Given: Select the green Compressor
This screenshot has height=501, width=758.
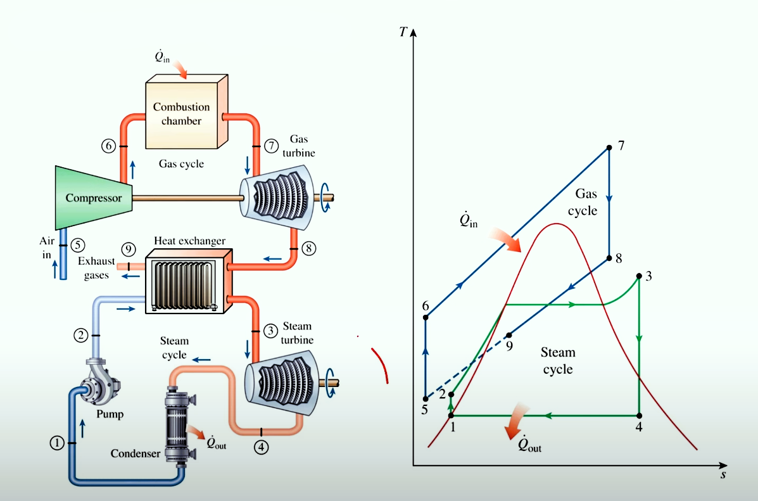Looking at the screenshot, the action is click(94, 198).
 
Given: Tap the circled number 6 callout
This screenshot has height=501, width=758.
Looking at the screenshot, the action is click(109, 146).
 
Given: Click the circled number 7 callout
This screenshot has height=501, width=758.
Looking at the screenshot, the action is click(271, 146).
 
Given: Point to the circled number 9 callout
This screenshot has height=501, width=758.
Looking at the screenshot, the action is click(128, 249).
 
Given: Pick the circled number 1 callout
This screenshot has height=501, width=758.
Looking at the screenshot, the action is click(57, 443).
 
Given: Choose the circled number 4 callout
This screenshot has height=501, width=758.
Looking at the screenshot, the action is click(261, 447).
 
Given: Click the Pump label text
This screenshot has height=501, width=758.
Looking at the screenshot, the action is click(110, 414).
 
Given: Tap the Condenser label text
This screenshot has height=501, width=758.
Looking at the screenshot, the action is click(136, 453).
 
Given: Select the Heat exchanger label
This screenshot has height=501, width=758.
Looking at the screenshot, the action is click(189, 241).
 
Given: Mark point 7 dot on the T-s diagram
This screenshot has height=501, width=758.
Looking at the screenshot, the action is click(609, 148).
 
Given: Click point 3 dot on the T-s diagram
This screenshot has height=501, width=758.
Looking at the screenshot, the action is click(639, 276).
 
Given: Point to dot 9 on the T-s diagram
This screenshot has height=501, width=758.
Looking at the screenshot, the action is click(508, 335).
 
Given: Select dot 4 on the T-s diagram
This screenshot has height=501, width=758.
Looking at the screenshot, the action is click(639, 415).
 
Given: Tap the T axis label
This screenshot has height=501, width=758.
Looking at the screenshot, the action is click(403, 32).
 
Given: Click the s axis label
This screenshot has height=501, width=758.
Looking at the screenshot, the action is click(723, 474).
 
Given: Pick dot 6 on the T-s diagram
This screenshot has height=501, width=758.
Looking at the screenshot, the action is click(426, 317).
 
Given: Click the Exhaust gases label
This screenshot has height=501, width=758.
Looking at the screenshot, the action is click(96, 268).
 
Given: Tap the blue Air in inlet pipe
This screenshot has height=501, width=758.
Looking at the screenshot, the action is click(63, 255).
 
